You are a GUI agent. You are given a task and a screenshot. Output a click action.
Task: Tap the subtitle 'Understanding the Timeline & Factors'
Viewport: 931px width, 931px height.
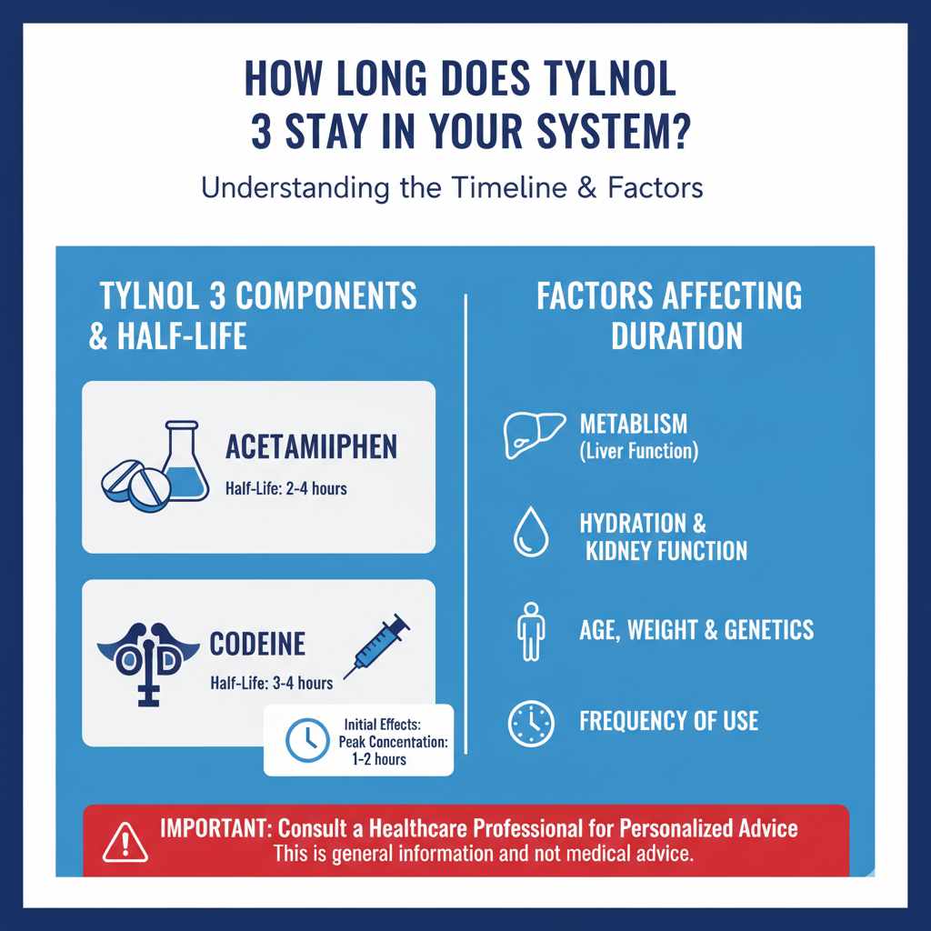coord(452,188)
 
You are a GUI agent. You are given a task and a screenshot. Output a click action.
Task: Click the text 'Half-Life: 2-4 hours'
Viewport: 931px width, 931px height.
coord(285,489)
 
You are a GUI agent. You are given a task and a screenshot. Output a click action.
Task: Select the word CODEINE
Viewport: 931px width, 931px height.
coord(257,644)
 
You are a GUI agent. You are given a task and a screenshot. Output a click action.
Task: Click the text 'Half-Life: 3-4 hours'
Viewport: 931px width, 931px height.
coord(271,683)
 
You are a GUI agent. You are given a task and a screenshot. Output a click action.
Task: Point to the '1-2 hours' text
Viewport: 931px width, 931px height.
coord(377,758)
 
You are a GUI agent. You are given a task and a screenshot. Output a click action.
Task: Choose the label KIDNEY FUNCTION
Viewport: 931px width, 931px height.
coord(663,550)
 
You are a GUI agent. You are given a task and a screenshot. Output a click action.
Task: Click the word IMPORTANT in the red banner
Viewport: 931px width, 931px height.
coord(214,828)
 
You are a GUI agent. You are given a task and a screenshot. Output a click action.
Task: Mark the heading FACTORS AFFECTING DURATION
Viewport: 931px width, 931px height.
coord(669,315)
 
